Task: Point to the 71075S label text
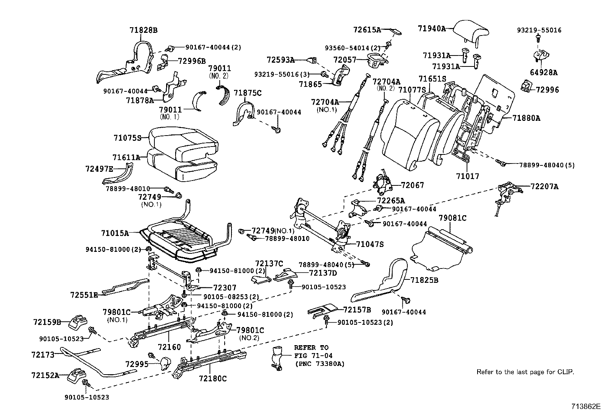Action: point(127,138)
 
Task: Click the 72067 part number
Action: point(412,185)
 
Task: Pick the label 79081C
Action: point(452,218)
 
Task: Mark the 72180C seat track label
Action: point(213,378)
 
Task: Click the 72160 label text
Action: point(169,347)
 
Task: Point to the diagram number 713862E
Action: point(585,407)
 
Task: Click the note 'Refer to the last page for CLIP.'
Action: point(525,372)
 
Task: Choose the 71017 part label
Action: point(467,176)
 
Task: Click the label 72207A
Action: point(544,187)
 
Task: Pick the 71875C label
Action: point(247,93)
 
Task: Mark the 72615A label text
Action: point(367,29)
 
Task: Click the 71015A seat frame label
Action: point(115,233)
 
